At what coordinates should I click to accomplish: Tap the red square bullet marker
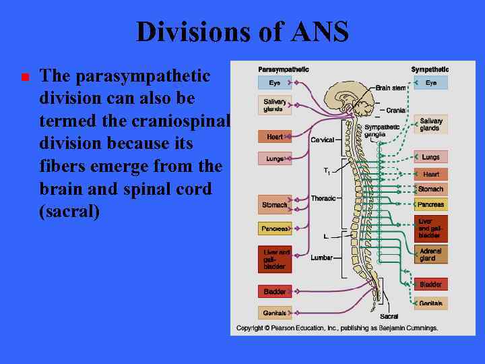(25, 78)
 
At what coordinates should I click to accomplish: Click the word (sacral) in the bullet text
(69, 212)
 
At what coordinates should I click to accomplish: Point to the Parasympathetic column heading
(284, 69)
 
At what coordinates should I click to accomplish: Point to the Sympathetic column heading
(430, 69)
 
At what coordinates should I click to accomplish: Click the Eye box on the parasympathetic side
(274, 83)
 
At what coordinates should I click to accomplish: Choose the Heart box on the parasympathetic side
(274, 137)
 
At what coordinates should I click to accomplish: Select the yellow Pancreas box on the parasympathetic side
(274, 229)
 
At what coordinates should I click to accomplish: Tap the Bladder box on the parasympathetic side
(274, 292)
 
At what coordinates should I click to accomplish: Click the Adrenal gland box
(430, 255)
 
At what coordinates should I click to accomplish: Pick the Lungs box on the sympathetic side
(430, 157)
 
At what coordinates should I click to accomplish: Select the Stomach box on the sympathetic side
(430, 189)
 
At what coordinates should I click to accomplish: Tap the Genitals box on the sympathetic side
(430, 303)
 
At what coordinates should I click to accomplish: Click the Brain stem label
(391, 88)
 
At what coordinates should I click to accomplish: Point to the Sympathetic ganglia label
(381, 130)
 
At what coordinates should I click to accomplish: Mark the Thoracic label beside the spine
(323, 198)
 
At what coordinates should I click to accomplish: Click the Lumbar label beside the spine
(321, 257)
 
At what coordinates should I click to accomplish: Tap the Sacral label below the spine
(389, 316)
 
